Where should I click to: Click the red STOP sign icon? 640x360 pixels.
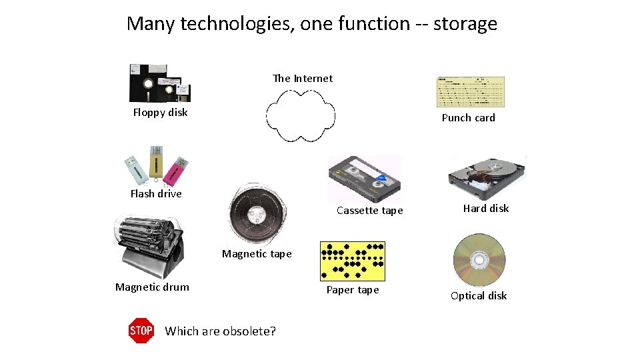pos(141,330)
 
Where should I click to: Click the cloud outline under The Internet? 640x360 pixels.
pos(301,115)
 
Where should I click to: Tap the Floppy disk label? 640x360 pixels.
pos(160,112)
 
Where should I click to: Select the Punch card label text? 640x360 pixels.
pos(468,117)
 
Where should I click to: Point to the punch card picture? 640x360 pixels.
pos(470,92)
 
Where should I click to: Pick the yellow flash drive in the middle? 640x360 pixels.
pos(156,164)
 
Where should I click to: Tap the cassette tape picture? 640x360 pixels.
pos(365,179)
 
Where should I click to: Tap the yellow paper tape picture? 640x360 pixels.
pos(353,260)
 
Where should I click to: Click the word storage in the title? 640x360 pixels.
pos(465,24)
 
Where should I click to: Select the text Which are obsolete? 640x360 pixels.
pos(220,331)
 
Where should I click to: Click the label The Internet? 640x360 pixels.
pos(303,78)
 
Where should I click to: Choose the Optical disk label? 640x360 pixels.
pos(479,295)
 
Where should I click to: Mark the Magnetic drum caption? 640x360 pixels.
pos(152,287)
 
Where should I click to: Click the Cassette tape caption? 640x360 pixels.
pos(370,210)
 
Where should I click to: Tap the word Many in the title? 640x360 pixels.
pos(151,24)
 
